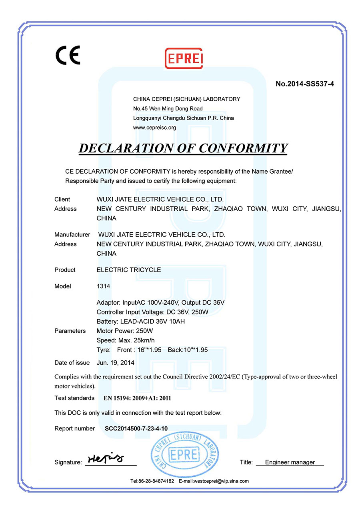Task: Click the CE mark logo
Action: pos(68,55)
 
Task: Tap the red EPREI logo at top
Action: pos(184,58)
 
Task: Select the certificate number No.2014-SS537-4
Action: pos(305,84)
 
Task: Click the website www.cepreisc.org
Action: pos(154,128)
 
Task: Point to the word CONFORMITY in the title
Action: pos(244,148)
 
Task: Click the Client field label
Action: pos(62,199)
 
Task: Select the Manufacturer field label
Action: pos(72,234)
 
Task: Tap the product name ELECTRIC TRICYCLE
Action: pos(129,270)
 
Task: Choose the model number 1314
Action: pos(103,286)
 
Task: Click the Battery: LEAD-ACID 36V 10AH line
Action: pos(140,321)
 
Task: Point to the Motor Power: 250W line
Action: pos(125,331)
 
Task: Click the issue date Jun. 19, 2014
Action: pos(116,363)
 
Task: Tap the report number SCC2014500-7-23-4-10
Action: pos(136,428)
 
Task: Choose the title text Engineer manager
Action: pos(290,462)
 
